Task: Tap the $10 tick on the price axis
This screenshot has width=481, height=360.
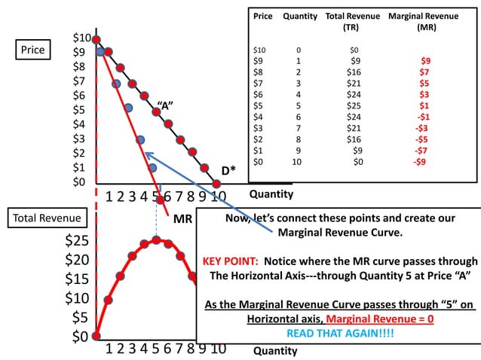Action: coord(81,38)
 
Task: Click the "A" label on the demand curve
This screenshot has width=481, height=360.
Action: coord(166,105)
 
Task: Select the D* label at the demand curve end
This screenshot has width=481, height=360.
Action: coord(228,170)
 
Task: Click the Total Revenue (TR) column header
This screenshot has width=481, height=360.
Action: coord(349,21)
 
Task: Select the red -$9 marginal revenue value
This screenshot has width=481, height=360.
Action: coord(421,161)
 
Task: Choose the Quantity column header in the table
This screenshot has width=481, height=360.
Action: coord(300,16)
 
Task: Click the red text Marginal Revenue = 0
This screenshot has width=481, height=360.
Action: coord(371,319)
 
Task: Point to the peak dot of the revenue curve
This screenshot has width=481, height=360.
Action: coord(156,240)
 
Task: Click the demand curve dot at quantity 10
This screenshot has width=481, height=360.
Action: coord(216,182)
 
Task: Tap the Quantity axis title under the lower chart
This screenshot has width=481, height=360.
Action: coord(276,350)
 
